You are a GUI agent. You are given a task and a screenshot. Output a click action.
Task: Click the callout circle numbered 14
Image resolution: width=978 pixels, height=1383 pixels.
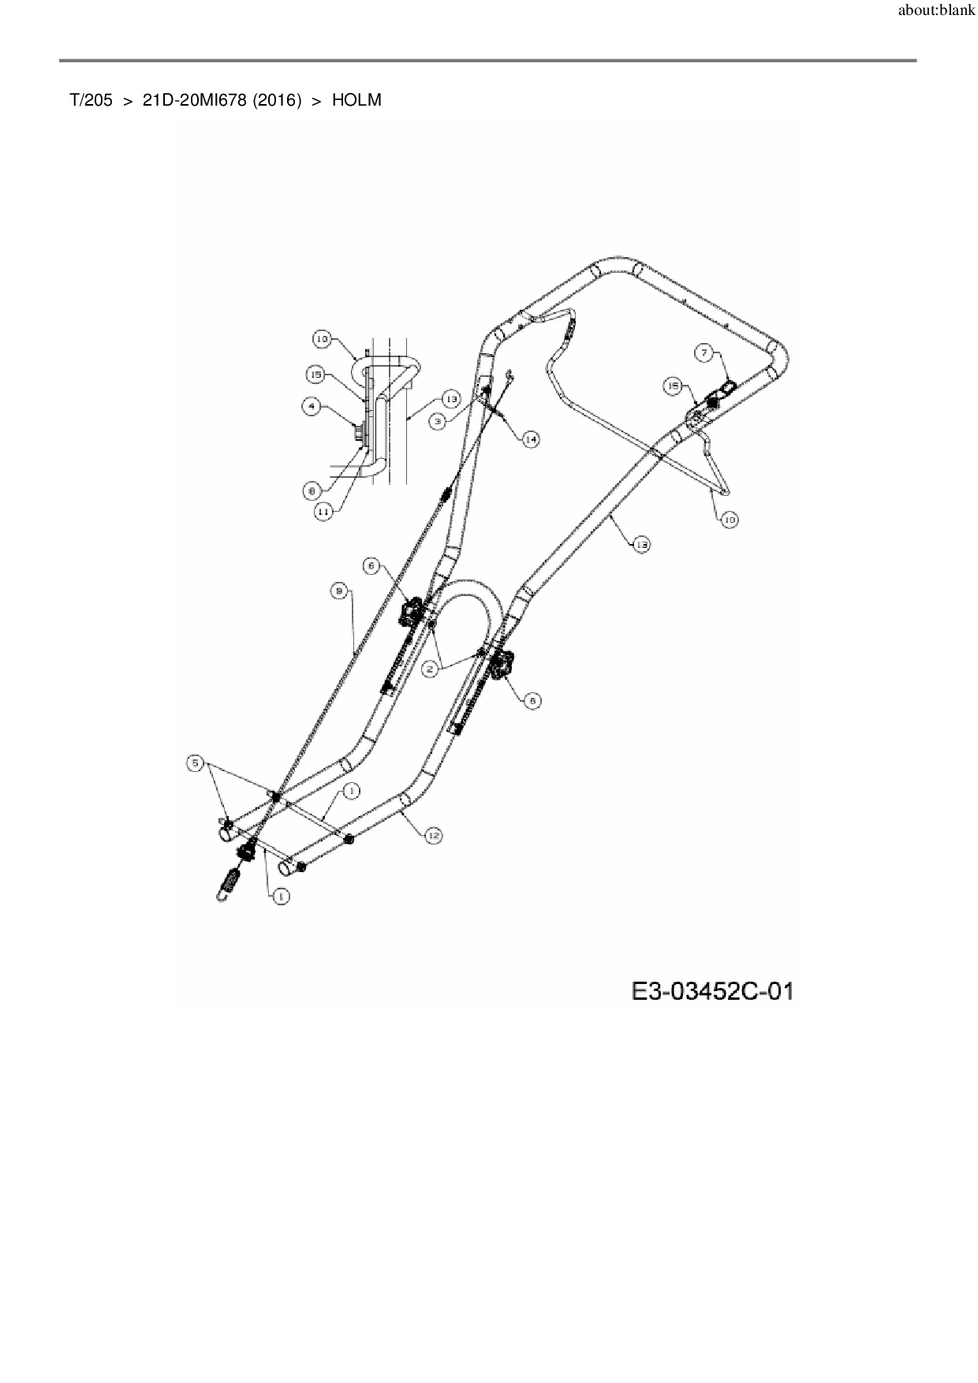pos(531,439)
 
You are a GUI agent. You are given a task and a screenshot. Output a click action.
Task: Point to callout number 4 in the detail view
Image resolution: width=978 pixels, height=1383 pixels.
pos(312,407)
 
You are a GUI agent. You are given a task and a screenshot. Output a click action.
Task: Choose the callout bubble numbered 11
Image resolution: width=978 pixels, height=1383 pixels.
pos(323,511)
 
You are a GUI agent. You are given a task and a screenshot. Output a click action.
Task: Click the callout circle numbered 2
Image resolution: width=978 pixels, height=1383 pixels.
pos(431,669)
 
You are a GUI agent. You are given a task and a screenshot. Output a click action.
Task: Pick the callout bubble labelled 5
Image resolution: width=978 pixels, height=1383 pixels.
pos(195,763)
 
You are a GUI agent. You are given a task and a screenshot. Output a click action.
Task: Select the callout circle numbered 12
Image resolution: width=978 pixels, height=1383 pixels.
pos(432,836)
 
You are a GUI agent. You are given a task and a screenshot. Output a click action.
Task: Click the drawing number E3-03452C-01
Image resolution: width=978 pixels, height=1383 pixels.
pos(711,990)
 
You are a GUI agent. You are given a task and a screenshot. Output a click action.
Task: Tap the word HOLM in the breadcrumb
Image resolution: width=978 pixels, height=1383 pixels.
pos(356,100)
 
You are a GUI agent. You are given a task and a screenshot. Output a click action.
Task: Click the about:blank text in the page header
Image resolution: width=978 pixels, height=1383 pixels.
pos(937,12)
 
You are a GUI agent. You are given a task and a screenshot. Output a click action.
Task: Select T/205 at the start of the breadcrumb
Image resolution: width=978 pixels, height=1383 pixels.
pos(91,100)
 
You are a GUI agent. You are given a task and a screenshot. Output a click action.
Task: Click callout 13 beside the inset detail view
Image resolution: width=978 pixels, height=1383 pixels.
pos(450,399)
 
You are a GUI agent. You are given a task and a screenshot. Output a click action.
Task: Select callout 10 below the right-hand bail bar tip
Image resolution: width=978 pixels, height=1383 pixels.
pos(730,520)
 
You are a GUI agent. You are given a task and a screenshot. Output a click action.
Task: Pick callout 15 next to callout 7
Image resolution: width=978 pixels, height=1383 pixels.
pos(673,386)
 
